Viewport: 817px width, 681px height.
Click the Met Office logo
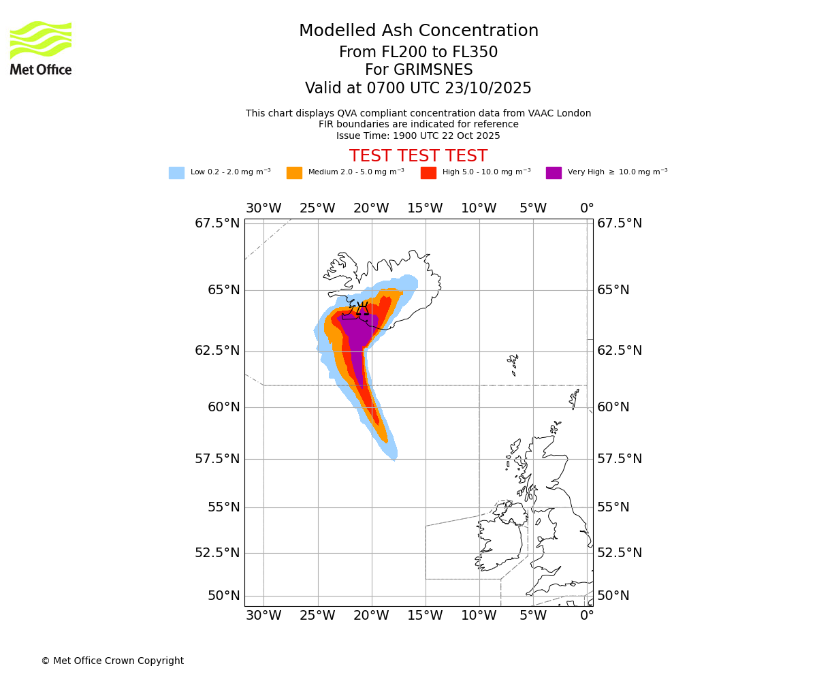point(41,48)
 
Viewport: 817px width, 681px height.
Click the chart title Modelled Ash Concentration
point(418,31)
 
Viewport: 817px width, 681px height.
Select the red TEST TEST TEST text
point(418,157)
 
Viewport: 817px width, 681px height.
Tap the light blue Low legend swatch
point(176,173)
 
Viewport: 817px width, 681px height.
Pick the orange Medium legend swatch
point(294,173)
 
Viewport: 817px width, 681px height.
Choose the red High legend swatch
point(428,173)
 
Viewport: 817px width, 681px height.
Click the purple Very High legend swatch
point(554,173)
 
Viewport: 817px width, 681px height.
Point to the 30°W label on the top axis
point(263,208)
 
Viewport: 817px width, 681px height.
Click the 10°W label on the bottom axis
point(479,616)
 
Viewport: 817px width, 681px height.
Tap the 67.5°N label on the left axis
point(217,223)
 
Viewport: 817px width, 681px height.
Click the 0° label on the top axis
point(587,208)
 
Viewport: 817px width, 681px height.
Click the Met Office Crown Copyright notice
point(112,661)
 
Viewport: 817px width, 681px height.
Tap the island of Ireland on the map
point(500,538)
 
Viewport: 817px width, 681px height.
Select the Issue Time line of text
point(418,136)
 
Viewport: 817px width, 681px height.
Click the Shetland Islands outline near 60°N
point(575,396)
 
